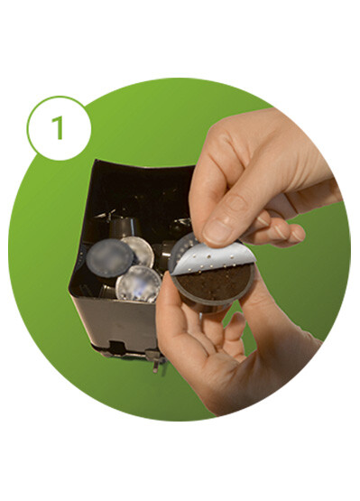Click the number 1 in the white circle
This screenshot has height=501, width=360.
58,128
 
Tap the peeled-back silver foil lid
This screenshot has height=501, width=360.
212,259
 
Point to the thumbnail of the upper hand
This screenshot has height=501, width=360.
217,231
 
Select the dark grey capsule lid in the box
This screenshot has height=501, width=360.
109,258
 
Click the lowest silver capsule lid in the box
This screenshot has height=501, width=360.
138,283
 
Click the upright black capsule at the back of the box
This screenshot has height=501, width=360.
125,227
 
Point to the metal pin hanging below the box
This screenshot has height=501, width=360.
156,365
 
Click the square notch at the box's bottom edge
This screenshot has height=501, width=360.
117,348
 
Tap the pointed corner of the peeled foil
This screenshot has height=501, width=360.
171,274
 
